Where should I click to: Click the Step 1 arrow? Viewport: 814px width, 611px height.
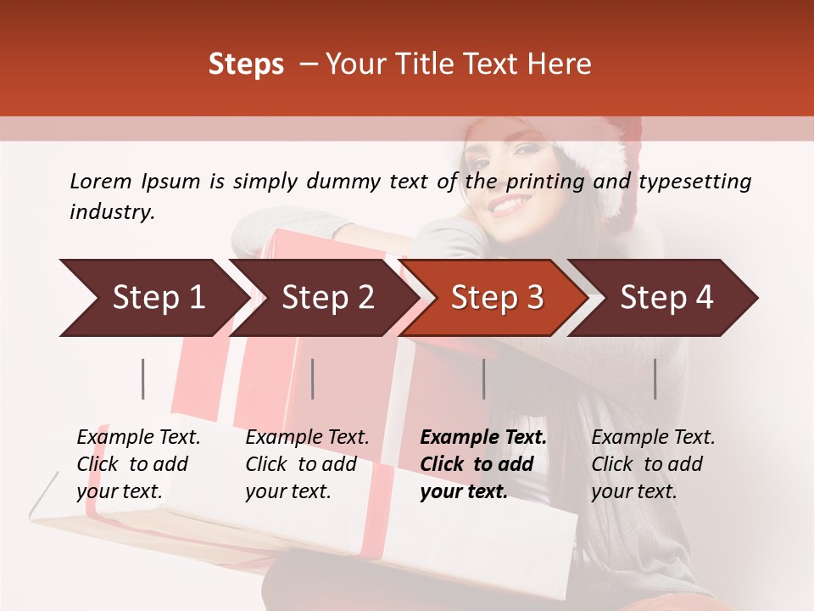pos(153,298)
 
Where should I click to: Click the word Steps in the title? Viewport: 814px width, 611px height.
pos(246,64)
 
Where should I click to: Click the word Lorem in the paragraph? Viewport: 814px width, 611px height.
pos(101,182)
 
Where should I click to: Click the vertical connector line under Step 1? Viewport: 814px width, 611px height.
pos(143,378)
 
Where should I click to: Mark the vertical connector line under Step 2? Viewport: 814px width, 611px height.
pos(313,378)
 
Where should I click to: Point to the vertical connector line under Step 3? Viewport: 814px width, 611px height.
pos(483,378)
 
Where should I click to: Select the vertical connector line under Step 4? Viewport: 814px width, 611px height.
pos(655,378)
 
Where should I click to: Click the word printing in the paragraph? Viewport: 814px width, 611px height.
pos(543,182)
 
